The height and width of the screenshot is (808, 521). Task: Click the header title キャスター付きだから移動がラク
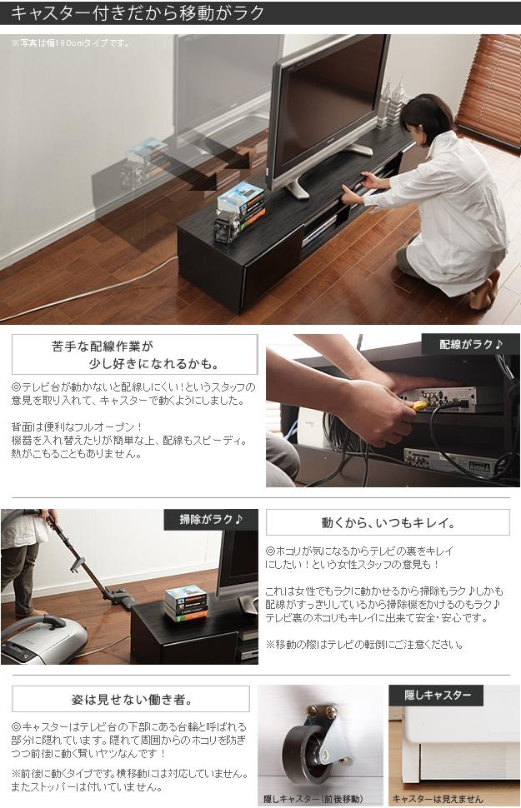(x=138, y=12)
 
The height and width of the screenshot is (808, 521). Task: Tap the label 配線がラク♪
(x=470, y=344)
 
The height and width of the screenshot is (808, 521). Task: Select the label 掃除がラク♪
(x=211, y=520)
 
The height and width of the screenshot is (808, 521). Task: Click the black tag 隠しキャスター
(x=438, y=696)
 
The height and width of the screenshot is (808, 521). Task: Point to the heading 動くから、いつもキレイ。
(x=388, y=523)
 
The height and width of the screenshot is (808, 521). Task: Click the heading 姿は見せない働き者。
(x=132, y=699)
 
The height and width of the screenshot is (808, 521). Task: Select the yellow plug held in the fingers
(x=420, y=405)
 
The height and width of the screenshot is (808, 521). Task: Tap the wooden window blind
(x=489, y=91)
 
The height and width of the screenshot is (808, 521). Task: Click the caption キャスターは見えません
(x=438, y=799)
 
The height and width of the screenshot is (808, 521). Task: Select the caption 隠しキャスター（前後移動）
(x=313, y=799)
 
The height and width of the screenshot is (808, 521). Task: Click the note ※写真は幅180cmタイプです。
(x=71, y=42)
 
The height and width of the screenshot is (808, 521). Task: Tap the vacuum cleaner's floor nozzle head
(x=120, y=599)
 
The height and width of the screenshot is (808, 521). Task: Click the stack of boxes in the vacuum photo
(x=186, y=603)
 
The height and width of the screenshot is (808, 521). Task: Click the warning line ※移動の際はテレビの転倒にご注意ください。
(x=364, y=644)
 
